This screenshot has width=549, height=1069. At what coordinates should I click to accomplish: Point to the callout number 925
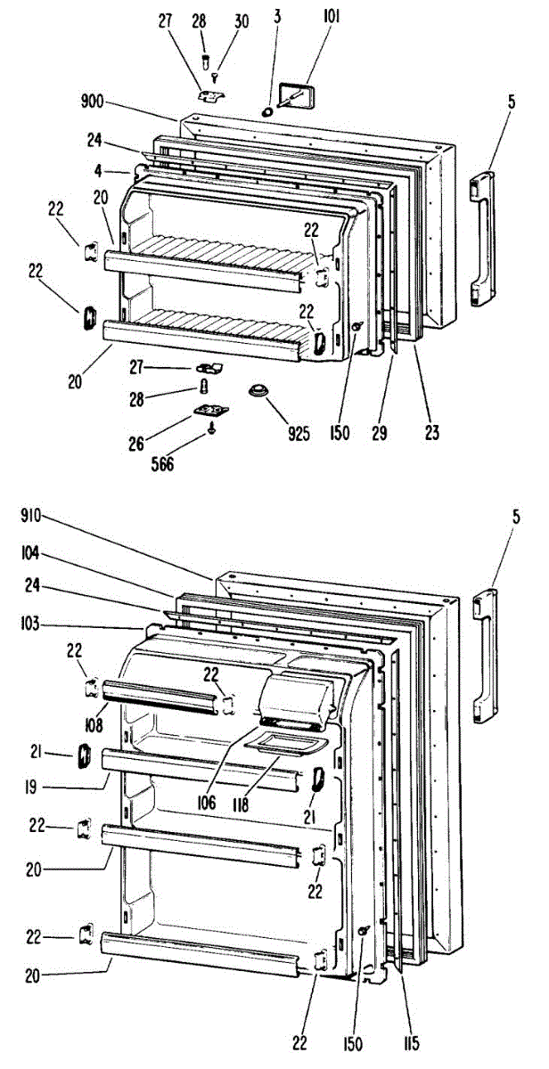pyautogui.click(x=298, y=435)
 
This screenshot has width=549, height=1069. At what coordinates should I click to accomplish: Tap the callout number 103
pyautogui.click(x=31, y=624)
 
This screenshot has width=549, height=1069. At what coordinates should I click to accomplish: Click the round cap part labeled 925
pyautogui.click(x=260, y=391)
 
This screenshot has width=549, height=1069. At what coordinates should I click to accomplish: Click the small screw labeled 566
pyautogui.click(x=211, y=428)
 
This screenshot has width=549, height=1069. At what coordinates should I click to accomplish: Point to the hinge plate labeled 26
pyautogui.click(x=210, y=409)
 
